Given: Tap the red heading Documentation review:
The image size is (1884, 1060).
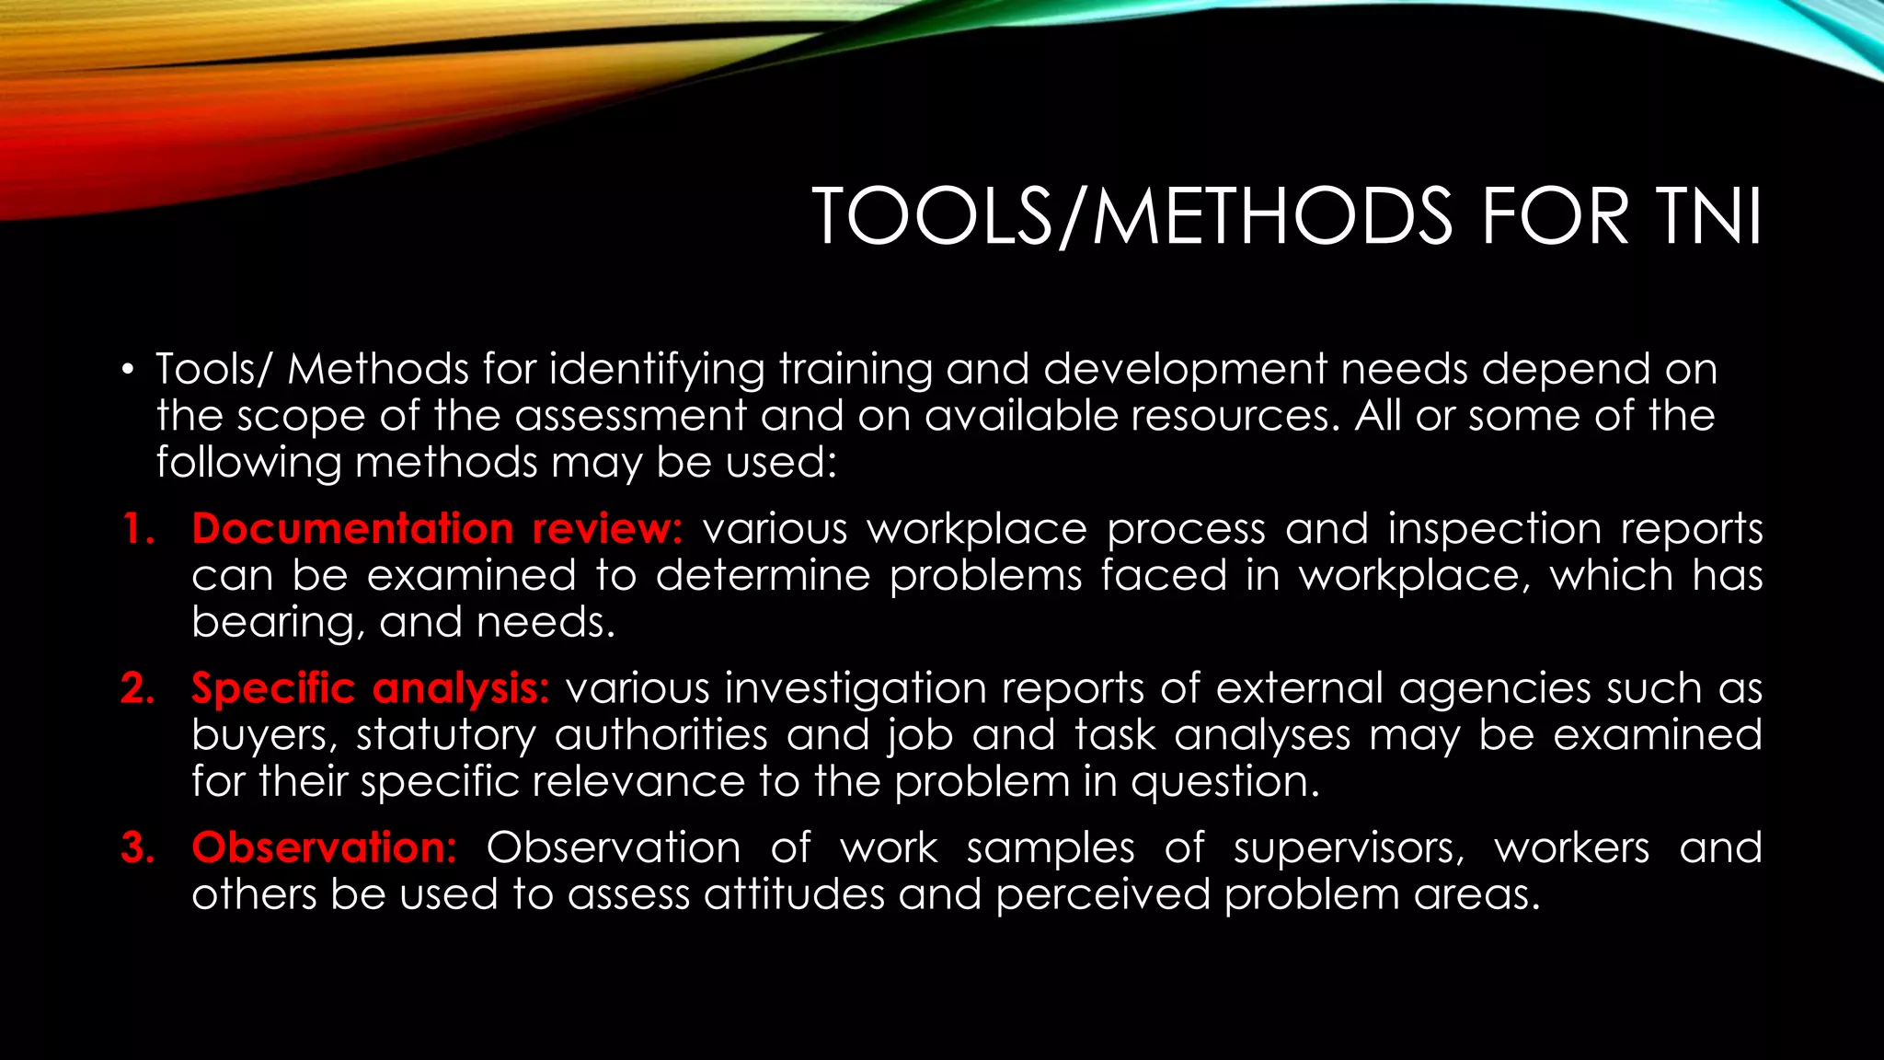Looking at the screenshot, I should point(437,529).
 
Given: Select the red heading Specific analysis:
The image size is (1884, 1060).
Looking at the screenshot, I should point(370,688).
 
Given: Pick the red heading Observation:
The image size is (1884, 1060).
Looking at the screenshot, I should point(324,847).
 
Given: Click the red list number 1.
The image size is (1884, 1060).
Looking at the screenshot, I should point(138,529).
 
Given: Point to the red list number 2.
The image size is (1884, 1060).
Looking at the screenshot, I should point(138,688).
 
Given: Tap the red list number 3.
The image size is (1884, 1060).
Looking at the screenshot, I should point(138,847).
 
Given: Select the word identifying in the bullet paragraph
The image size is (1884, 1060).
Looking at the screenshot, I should point(657,370).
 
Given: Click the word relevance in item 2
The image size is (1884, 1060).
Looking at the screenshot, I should point(638,782).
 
